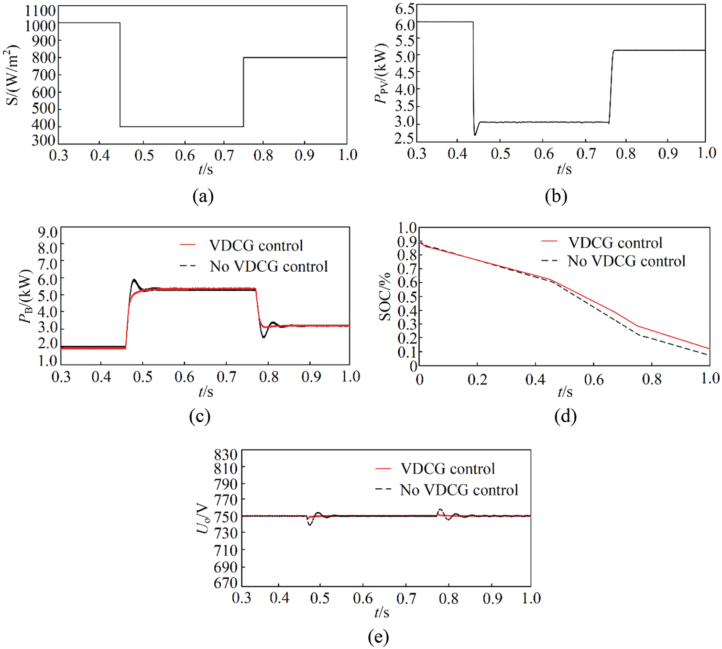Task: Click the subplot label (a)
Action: [x=203, y=196]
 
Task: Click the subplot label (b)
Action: [x=556, y=196]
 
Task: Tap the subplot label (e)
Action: [x=378, y=637]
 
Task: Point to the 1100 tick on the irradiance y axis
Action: [x=40, y=10]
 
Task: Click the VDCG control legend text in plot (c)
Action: [x=256, y=246]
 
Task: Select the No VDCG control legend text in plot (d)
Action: [x=626, y=261]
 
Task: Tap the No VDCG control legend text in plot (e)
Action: [x=459, y=490]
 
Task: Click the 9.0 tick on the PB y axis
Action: [x=47, y=233]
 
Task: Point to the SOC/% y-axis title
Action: [x=385, y=297]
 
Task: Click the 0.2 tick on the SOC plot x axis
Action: [x=477, y=380]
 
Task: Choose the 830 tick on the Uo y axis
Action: [x=226, y=454]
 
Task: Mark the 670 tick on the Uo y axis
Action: [x=226, y=583]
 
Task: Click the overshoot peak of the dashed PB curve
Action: [x=134, y=280]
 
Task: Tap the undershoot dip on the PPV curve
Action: [x=475, y=134]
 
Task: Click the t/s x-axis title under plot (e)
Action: [x=382, y=613]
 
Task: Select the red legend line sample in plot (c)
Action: [x=188, y=245]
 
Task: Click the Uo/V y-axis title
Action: [x=203, y=518]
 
